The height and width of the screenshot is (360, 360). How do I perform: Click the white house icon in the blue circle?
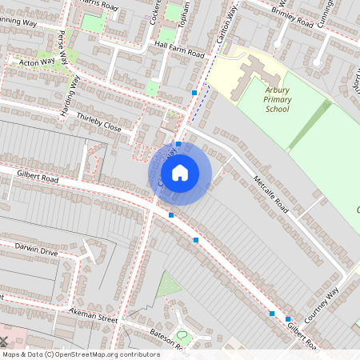[180, 173]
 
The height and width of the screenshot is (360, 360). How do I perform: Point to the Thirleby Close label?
[99, 122]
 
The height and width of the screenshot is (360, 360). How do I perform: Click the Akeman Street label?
[93, 314]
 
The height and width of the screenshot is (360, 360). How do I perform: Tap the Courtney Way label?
[322, 302]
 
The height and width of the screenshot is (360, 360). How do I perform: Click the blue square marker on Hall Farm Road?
[194, 93]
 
